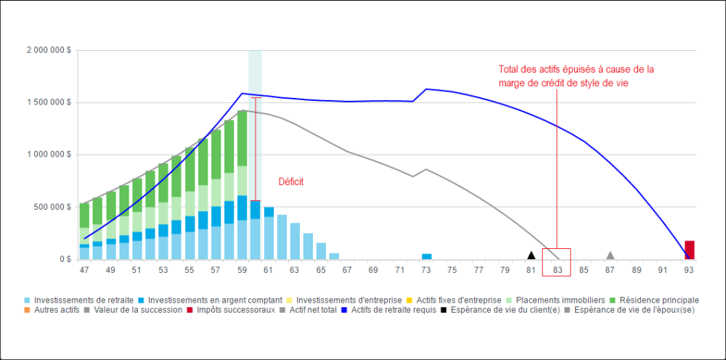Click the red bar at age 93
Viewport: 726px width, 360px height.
click(689, 250)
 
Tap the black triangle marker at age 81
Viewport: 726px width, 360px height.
click(531, 255)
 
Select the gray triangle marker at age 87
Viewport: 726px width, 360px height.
click(611, 255)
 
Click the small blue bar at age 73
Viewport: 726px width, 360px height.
click(427, 256)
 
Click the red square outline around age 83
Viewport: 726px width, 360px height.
click(557, 262)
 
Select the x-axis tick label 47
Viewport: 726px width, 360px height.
click(84, 270)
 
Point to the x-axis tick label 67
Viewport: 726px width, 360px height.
click(348, 270)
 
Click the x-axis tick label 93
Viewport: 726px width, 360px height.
click(688, 270)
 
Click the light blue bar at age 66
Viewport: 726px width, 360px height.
click(335, 255)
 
